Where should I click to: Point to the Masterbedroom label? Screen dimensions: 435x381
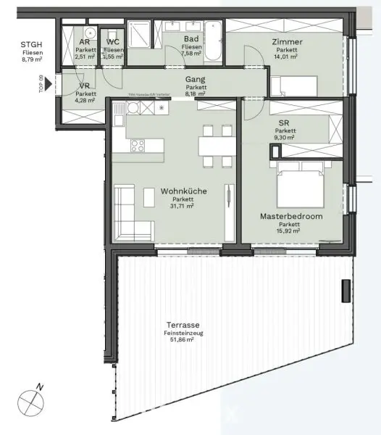coord(291,216)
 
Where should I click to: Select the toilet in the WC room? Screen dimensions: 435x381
coord(112,35)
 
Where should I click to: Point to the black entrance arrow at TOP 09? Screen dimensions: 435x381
coord(48,84)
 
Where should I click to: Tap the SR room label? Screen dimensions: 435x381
coord(285,123)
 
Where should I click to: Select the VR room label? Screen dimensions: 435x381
coord(85,85)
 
